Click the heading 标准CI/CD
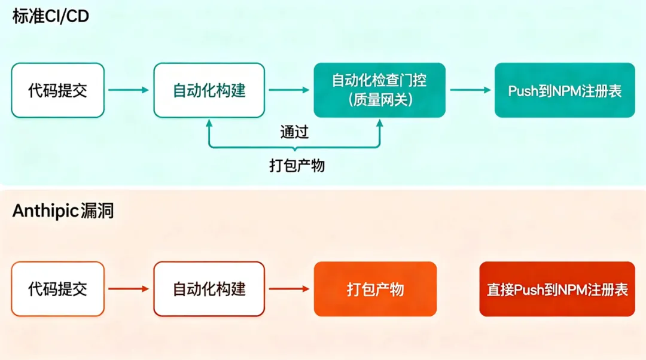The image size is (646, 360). (50, 16)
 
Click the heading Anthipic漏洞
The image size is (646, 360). (63, 211)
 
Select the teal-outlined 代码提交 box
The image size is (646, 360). (57, 90)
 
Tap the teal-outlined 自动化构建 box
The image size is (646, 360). (209, 90)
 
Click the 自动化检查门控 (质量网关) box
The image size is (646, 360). (380, 90)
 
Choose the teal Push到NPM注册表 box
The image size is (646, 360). (565, 90)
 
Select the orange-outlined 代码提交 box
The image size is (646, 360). (57, 289)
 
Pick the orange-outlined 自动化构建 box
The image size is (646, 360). (209, 289)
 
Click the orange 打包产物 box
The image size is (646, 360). (375, 289)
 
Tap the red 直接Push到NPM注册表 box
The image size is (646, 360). (557, 289)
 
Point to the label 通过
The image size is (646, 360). (294, 132)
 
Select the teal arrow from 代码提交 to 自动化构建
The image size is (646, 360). (129, 90)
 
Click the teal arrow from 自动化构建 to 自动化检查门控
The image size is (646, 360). (290, 90)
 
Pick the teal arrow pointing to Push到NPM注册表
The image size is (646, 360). (471, 90)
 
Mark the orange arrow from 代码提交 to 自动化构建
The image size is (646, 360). (129, 289)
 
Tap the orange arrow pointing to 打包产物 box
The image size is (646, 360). (290, 289)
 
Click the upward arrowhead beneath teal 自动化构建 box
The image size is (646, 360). (209, 123)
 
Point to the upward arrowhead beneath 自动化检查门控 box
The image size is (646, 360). (379, 123)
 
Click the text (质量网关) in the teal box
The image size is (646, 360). (380, 100)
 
